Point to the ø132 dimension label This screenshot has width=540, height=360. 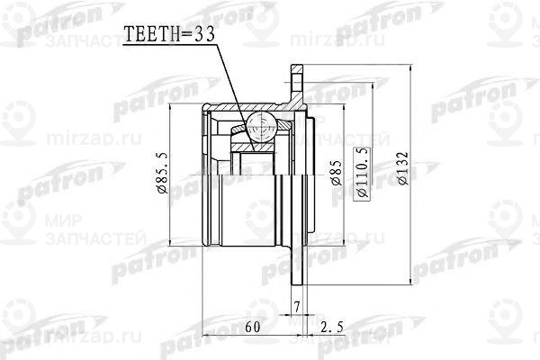click(x=404, y=167)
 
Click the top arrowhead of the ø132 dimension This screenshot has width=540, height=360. click(x=413, y=68)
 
